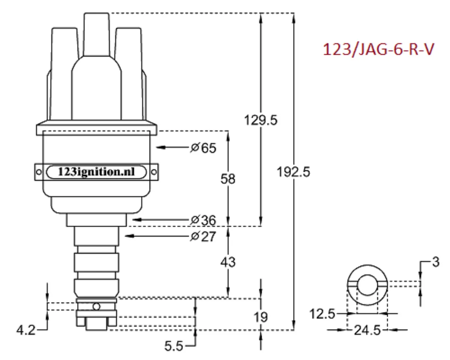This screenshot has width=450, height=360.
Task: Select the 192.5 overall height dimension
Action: pos(294,172)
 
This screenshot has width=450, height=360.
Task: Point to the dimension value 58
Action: pos(228,179)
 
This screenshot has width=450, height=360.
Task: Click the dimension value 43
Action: pos(228,262)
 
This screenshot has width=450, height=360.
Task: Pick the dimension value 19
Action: pos(261,317)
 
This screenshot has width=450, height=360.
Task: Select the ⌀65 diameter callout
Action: pos(203,148)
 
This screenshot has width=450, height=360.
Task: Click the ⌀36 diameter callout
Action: pos(203,220)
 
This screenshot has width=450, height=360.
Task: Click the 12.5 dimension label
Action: pos(322,313)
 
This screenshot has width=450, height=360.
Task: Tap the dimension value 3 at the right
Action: pos(435,262)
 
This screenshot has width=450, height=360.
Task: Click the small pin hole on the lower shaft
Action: pos(96,307)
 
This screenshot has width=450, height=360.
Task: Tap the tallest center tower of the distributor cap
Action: pos(96,37)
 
